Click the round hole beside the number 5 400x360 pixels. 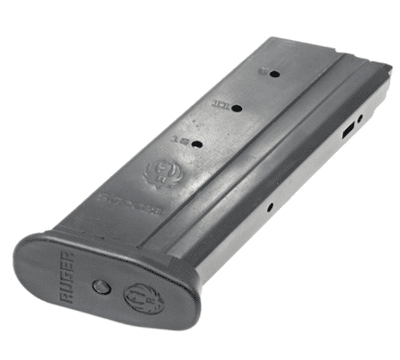274,75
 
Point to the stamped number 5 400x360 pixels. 264,72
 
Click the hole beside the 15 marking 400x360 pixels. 196,143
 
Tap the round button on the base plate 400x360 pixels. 101,287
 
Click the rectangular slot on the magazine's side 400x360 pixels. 347,131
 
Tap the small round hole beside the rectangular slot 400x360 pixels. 360,119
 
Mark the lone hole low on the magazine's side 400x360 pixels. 270,207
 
